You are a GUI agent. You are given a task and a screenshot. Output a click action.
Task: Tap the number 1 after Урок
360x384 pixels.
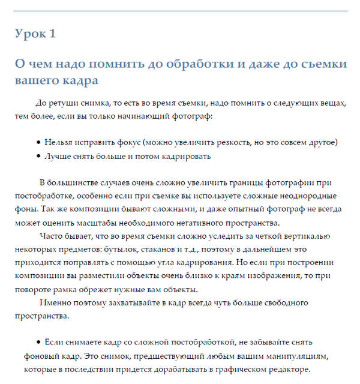[x=53, y=34]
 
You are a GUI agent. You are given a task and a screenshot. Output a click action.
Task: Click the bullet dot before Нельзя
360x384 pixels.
[x=38, y=143]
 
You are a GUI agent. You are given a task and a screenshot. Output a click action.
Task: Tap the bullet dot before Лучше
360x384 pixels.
[x=38, y=157]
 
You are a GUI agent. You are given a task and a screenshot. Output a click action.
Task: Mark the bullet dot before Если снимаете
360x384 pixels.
[x=38, y=343]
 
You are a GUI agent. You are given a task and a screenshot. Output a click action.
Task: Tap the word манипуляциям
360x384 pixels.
[x=299, y=356]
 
